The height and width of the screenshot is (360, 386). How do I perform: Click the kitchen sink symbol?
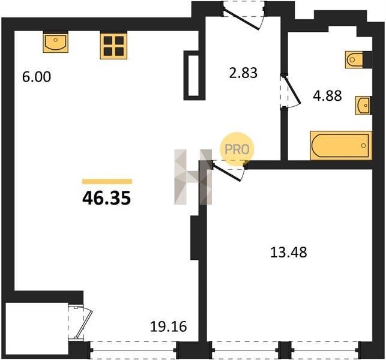tap(56, 43)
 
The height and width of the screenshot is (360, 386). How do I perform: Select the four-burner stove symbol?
tap(113, 46)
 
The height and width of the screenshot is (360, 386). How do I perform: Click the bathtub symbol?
tap(341, 145)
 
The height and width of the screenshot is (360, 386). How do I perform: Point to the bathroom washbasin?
tap(363, 106)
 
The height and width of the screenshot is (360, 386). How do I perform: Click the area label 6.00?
tap(37, 77)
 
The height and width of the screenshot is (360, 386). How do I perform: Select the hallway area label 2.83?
tap(243, 73)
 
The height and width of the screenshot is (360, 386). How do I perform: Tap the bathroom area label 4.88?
tap(327, 96)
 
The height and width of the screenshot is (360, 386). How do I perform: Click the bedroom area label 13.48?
tap(289, 252)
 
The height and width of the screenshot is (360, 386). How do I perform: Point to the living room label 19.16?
tap(168, 327)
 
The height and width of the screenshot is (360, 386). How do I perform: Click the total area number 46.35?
tap(107, 199)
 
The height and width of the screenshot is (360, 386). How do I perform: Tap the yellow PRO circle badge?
tap(237, 149)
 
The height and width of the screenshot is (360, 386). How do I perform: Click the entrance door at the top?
tap(244, 15)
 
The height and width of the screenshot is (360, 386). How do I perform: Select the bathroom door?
tap(291, 92)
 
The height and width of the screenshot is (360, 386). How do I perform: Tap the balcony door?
tap(80, 322)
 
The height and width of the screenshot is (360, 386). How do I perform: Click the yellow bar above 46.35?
tap(107, 182)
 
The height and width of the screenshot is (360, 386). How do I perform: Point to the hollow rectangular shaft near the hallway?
tap(195, 75)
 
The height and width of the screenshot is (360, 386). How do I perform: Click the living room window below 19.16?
tap(133, 350)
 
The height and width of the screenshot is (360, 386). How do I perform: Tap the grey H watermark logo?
tap(193, 177)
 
